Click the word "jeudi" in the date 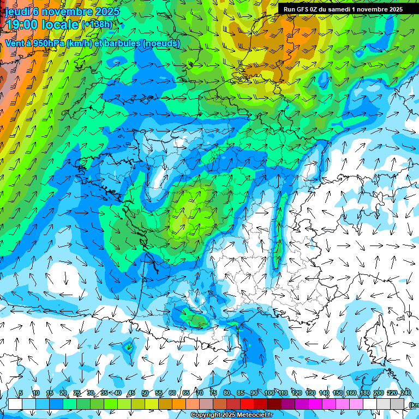17,11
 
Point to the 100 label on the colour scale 270,393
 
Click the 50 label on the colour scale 145,393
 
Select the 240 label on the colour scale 405,393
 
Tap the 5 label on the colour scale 21,393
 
